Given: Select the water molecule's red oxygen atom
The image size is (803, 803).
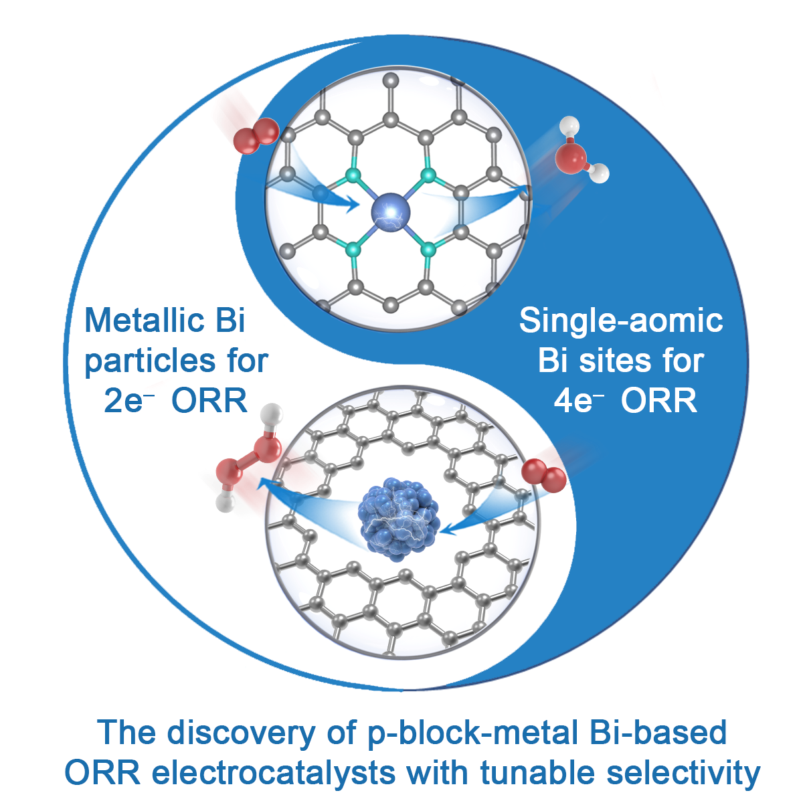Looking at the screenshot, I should click(571, 158).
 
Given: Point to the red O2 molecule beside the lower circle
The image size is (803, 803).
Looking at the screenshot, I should click(544, 476).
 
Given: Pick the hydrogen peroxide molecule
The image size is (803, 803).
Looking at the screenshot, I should click(248, 462).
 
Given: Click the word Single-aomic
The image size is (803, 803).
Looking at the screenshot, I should click(621, 321).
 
